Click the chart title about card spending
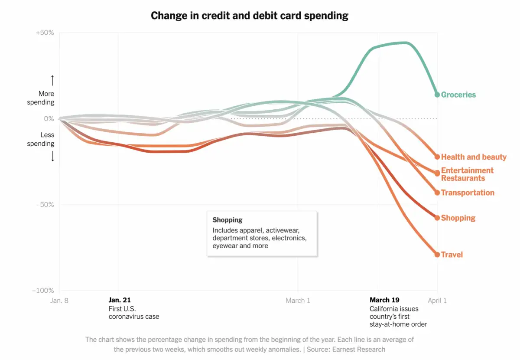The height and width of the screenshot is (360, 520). pos(249,16)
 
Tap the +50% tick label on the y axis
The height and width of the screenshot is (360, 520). pos(45,33)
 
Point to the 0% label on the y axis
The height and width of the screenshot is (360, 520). pos(48,119)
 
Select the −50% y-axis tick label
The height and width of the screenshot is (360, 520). pos(45,205)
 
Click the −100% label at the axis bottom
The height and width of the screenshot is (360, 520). pos(43,291)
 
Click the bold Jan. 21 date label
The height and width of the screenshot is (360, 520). pos(119,300)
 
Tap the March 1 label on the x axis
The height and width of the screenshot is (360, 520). pos(298,300)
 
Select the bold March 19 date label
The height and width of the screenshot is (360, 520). pos(384,300)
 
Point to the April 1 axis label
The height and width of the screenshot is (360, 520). pos(437,300)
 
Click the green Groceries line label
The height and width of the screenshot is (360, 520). pos(458,95)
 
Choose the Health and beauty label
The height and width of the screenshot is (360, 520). pos(473,157)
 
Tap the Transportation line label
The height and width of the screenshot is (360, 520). pos(467,193)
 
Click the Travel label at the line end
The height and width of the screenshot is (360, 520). pos(452,255)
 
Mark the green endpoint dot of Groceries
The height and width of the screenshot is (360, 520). pos(437,95)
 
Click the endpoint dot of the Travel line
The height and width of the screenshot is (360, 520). pos(437,255)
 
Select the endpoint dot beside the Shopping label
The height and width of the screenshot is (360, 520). pos(437,218)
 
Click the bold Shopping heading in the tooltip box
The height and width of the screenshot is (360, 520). pos(227,220)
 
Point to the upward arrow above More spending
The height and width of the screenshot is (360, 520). pos(52,80)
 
